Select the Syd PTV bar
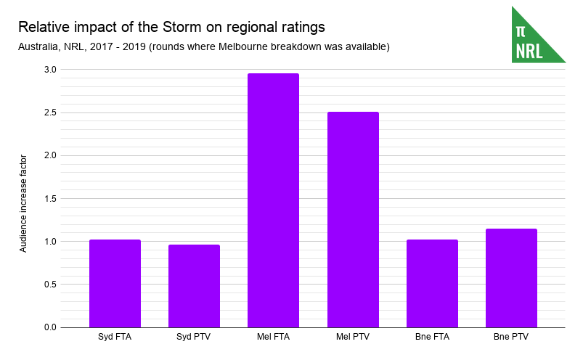194,286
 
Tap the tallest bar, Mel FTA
273,200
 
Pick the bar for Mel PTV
353,219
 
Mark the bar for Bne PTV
511,278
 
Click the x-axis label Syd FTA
115,337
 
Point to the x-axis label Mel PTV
353,337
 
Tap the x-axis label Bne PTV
511,337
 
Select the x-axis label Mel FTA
273,337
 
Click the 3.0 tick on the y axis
49,70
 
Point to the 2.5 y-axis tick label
49,112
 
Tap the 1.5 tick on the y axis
49,198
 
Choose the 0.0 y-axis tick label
49,327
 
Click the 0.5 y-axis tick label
49,285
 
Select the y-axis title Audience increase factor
23,203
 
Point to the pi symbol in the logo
520,31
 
